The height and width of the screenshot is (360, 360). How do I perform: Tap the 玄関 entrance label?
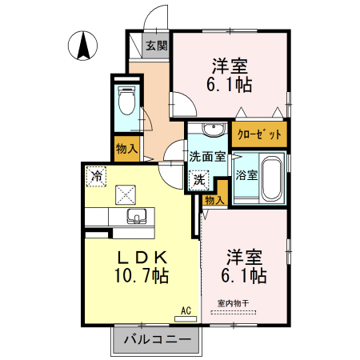point(156,46)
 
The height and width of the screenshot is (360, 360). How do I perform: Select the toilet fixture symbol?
point(126,102)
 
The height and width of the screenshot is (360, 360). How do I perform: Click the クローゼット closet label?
point(260,134)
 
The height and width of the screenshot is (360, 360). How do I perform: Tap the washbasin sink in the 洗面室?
point(213,130)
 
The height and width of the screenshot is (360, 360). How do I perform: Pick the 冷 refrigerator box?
point(97,174)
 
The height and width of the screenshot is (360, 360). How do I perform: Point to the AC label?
point(186,310)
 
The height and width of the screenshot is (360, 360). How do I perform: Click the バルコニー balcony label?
point(158,339)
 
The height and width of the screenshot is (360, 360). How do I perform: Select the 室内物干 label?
point(234,303)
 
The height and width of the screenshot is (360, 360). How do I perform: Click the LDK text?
point(142,258)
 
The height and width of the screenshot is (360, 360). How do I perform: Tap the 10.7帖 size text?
point(141,278)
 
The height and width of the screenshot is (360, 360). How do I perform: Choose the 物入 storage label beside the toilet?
point(126,148)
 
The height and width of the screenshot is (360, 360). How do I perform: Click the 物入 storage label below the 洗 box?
point(213,200)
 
